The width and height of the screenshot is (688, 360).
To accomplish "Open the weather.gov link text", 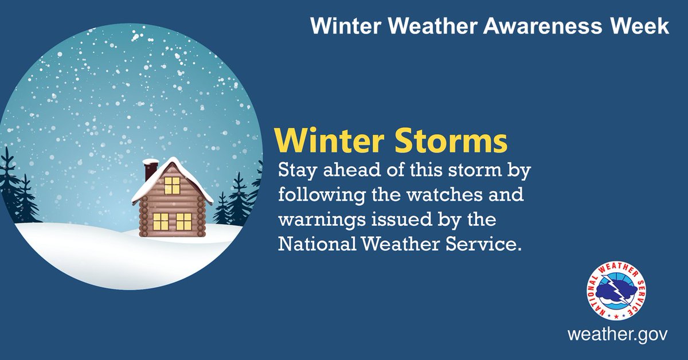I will click(x=617, y=334).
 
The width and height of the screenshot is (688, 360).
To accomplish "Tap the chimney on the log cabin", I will click(x=150, y=170).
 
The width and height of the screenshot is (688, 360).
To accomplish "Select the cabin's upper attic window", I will click(x=172, y=185).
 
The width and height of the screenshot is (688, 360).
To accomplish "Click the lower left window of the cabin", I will click(x=161, y=221).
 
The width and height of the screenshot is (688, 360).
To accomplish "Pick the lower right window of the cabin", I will click(x=183, y=221).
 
